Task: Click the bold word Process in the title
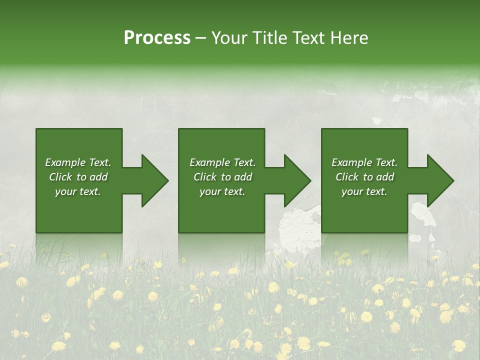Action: pos(157,38)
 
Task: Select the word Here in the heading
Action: pos(349,38)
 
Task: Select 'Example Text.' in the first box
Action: pos(78,162)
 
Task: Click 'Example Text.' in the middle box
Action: pos(222,162)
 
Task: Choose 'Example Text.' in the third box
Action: pos(364,162)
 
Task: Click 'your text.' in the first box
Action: pos(78,191)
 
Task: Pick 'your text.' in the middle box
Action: pos(222,191)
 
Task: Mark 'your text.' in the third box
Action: pos(364,191)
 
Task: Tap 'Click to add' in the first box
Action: pos(78,177)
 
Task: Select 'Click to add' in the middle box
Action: pos(222,177)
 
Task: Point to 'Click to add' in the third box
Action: pos(364,177)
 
